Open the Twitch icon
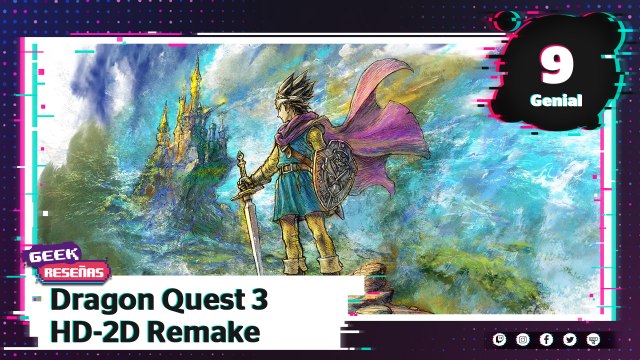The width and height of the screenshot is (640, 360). [500, 341]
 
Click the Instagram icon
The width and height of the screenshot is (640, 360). [524, 341]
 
